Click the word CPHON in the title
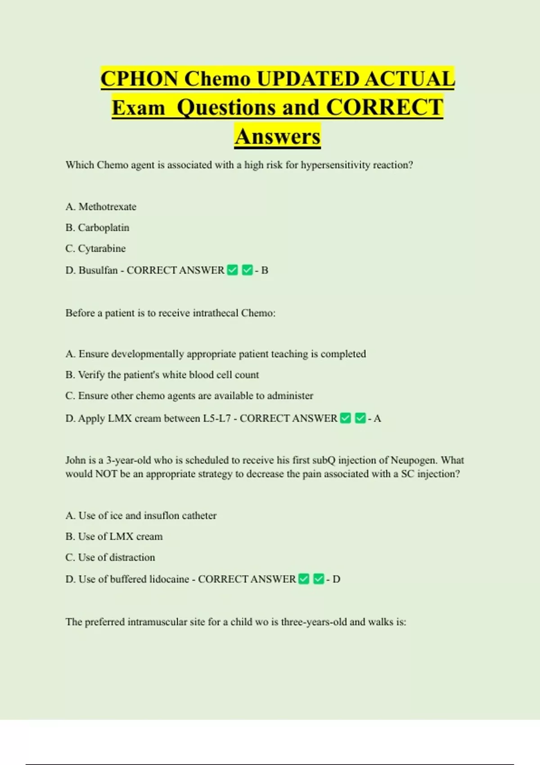tap(139, 79)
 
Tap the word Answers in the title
tap(277, 136)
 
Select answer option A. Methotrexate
tap(101, 207)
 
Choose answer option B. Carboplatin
tap(97, 228)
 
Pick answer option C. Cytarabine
tap(95, 248)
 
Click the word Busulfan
tap(98, 270)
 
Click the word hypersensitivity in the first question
tap(335, 165)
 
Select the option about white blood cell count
tap(162, 375)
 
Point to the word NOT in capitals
tap(106, 474)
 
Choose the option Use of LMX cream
tap(114, 536)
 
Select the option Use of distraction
tap(110, 557)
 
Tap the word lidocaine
tap(169, 579)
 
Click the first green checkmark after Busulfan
tap(232, 270)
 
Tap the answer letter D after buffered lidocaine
tap(336, 579)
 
